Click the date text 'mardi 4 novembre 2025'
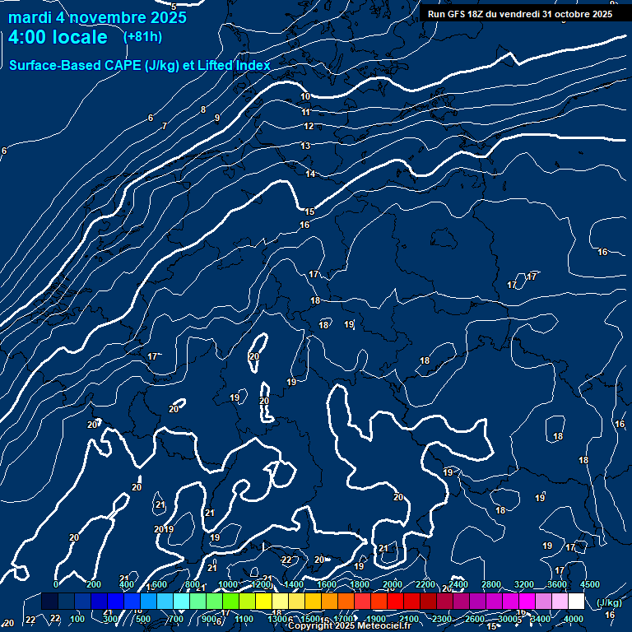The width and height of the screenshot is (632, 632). tap(97, 17)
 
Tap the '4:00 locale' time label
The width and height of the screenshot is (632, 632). tap(58, 37)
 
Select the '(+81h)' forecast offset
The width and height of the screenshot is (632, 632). tap(142, 37)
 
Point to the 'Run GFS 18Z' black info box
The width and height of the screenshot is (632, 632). tap(520, 13)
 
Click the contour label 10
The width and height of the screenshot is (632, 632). tap(305, 97)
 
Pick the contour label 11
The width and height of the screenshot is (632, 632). tap(306, 112)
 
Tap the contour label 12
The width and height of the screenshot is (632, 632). tap(309, 126)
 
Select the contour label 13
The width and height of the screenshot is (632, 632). tap(305, 146)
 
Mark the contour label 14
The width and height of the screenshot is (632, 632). tap(310, 174)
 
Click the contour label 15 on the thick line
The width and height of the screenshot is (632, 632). tap(309, 212)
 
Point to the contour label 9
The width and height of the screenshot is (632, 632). tap(217, 118)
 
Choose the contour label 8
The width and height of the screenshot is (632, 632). tap(202, 109)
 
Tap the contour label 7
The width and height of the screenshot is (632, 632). tap(165, 126)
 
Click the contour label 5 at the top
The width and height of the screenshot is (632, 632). tap(174, 7)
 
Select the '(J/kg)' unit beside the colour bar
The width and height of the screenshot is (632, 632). tap(608, 602)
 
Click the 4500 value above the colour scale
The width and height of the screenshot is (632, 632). tap(590, 584)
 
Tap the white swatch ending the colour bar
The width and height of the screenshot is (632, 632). tap(576, 602)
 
